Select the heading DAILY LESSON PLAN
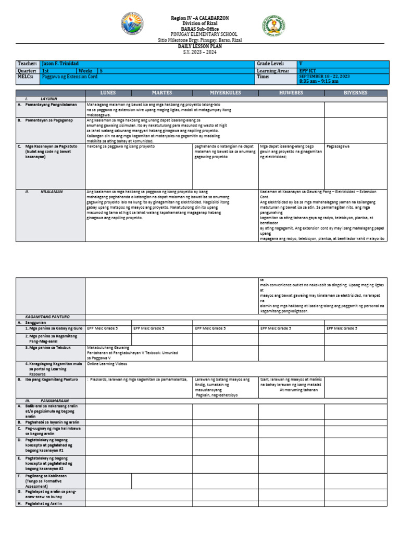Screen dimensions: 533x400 (200, 46)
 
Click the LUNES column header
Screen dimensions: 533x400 (108, 93)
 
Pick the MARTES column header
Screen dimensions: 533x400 (162, 93)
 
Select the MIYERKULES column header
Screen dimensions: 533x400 (226, 93)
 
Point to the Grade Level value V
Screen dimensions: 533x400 (301, 63)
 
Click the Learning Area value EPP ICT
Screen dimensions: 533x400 (307, 70)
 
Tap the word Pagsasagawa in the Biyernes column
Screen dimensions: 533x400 (338, 147)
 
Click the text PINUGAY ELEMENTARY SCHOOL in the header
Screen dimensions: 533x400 (200, 34)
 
